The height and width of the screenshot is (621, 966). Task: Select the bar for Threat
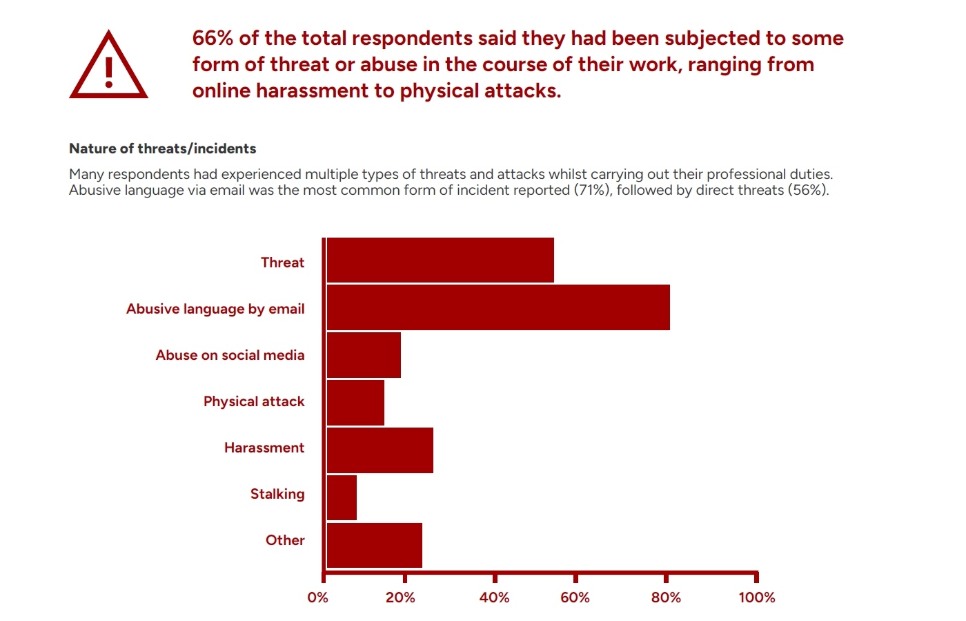(x=440, y=260)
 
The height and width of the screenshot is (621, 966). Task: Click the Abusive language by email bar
(x=498, y=307)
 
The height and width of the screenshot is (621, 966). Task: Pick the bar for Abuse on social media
(x=364, y=355)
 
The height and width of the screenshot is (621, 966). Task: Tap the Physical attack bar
(x=355, y=402)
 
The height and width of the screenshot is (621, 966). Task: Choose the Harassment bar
(x=380, y=450)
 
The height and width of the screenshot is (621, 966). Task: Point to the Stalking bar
(x=342, y=497)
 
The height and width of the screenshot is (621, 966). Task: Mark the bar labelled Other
(x=375, y=545)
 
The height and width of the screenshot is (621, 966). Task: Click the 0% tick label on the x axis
(x=317, y=598)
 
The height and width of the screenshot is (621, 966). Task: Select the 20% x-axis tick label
(x=400, y=598)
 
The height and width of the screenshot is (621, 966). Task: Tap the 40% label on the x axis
(x=494, y=598)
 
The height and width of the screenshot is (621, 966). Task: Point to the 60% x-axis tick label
(x=575, y=598)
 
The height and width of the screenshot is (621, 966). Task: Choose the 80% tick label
(x=666, y=598)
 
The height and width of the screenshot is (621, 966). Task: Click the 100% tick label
(x=757, y=598)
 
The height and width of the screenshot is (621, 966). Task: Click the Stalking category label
(x=277, y=494)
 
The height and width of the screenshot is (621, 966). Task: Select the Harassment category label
(x=264, y=448)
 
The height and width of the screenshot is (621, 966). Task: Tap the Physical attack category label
(x=254, y=401)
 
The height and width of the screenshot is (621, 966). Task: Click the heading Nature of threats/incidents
(x=162, y=149)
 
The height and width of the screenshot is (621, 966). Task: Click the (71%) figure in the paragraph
(x=593, y=190)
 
